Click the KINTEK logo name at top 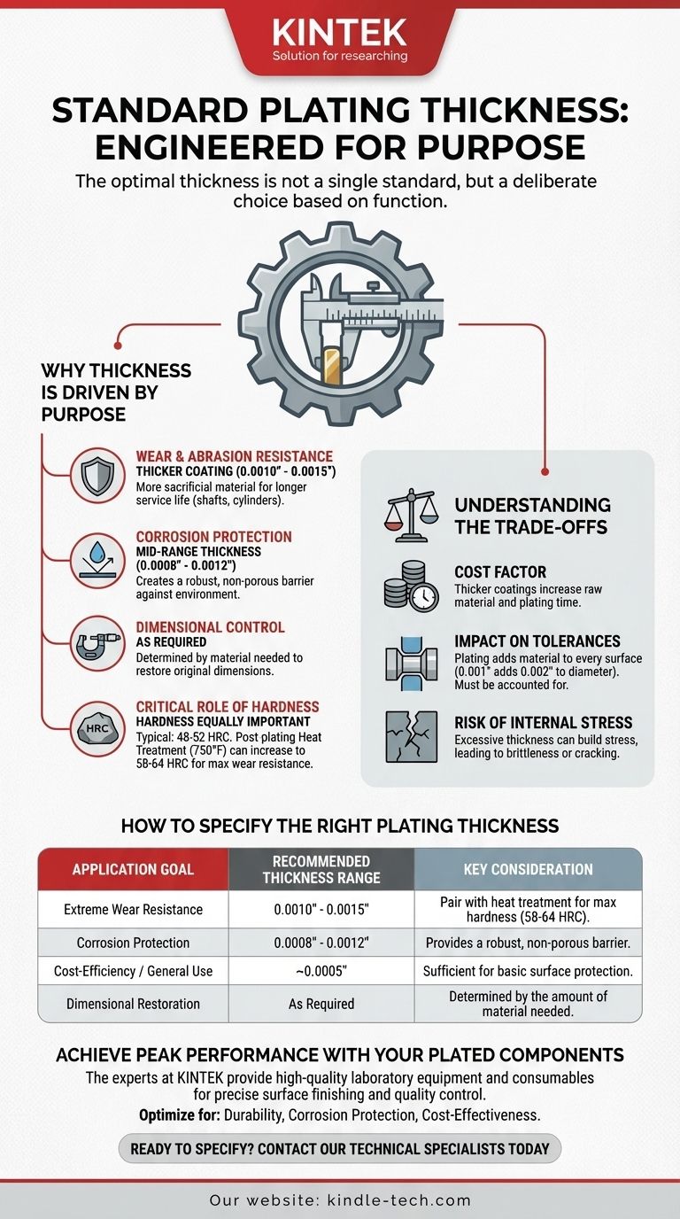pyautogui.click(x=340, y=33)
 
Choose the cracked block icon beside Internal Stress pyautogui.click(x=412, y=735)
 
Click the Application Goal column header pyautogui.click(x=133, y=869)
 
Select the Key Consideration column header pyautogui.click(x=528, y=869)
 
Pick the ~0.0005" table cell pyautogui.click(x=321, y=971)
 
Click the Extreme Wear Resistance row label pyautogui.click(x=133, y=909)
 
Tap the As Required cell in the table pyautogui.click(x=321, y=1004)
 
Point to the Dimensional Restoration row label pyautogui.click(x=133, y=1004)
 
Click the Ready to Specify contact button pyautogui.click(x=340, y=1149)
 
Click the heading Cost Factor pyautogui.click(x=500, y=572)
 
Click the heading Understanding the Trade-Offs pyautogui.click(x=532, y=516)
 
